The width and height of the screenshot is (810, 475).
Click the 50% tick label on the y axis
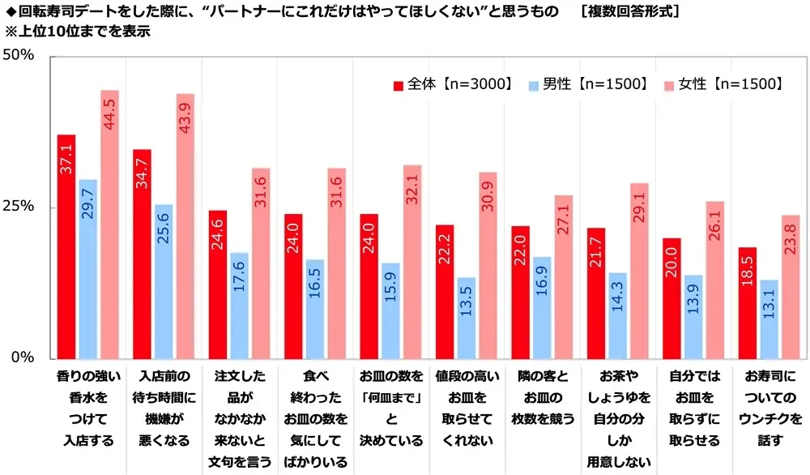tap(19, 56)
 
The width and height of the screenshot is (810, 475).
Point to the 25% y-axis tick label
tap(19, 207)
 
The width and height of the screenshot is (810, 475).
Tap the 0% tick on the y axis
tap(23, 357)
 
